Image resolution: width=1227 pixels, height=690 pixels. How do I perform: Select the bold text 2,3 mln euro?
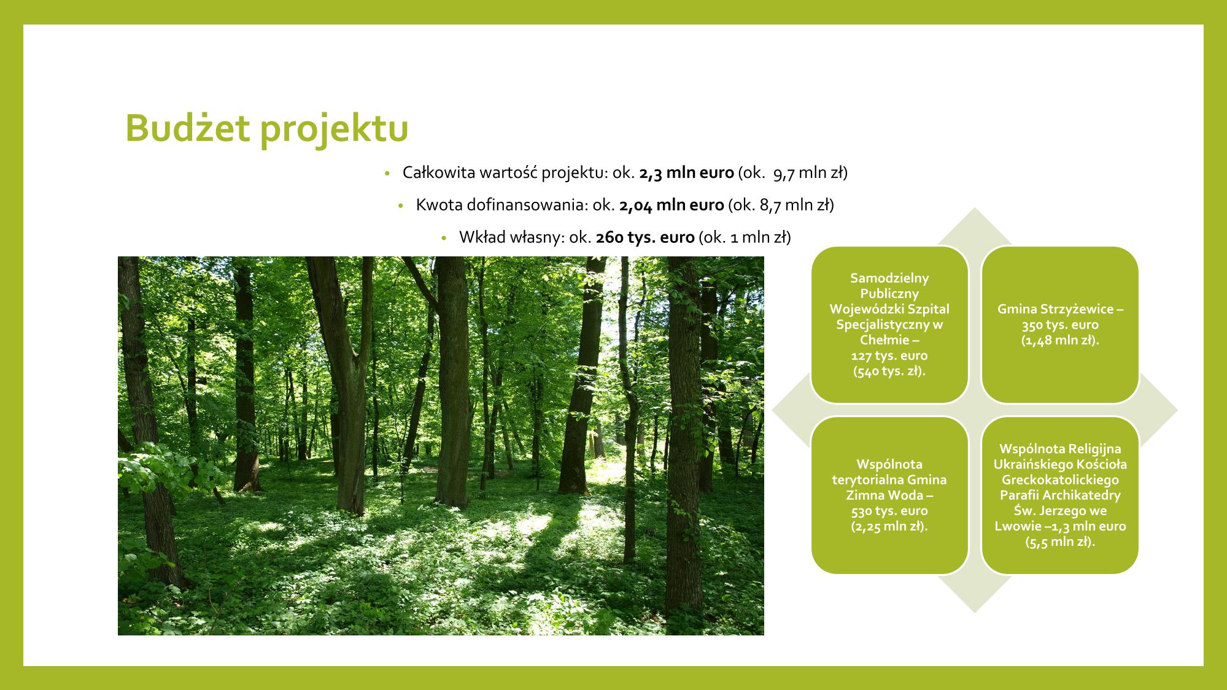686,173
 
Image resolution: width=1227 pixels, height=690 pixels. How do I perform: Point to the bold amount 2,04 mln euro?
672,205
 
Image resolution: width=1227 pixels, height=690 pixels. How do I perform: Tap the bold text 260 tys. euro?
644,237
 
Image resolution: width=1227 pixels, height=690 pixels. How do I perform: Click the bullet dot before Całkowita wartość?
387,174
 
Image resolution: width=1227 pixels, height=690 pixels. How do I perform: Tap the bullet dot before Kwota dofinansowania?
400,206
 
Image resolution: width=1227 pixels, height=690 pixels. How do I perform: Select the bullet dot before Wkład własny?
443,238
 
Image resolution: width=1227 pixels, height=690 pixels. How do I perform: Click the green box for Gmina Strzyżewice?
1060,324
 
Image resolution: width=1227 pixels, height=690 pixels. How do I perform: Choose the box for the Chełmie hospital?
889,324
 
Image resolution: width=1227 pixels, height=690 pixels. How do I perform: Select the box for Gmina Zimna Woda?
889,495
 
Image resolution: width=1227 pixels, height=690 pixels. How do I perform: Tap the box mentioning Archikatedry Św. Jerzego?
1060,495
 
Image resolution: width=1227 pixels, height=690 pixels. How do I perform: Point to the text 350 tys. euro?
1060,325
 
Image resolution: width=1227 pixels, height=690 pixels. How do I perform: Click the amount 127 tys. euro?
889,356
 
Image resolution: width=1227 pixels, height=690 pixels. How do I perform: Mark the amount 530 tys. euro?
889,511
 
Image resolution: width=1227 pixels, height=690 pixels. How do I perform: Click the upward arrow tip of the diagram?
975,209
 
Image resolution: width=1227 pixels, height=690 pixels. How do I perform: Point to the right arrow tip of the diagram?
1177,410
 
